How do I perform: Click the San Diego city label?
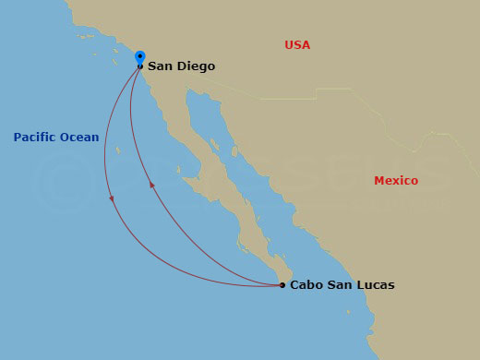coord(181,66)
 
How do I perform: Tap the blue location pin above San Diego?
coord(139,56)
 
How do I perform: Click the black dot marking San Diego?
coord(139,66)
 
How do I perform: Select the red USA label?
coord(297,45)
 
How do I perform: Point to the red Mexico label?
coord(396,181)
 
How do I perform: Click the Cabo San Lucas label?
coord(342,285)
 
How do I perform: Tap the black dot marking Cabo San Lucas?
coord(282,285)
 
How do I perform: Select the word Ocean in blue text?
coord(79,138)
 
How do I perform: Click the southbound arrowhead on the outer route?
coord(112,198)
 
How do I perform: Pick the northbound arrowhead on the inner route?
coord(151,186)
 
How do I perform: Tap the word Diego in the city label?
coord(197,66)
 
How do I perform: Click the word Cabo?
coord(306,285)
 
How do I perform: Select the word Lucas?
coord(375,285)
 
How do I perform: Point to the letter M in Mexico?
coord(378,181)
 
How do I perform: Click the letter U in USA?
coord(289,45)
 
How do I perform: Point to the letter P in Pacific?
coord(18,138)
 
